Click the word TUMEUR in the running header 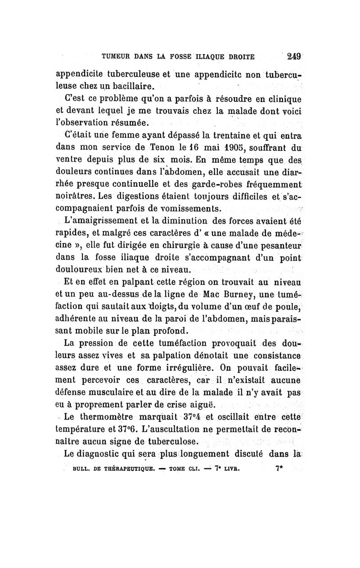pyautogui.click(x=118, y=57)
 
